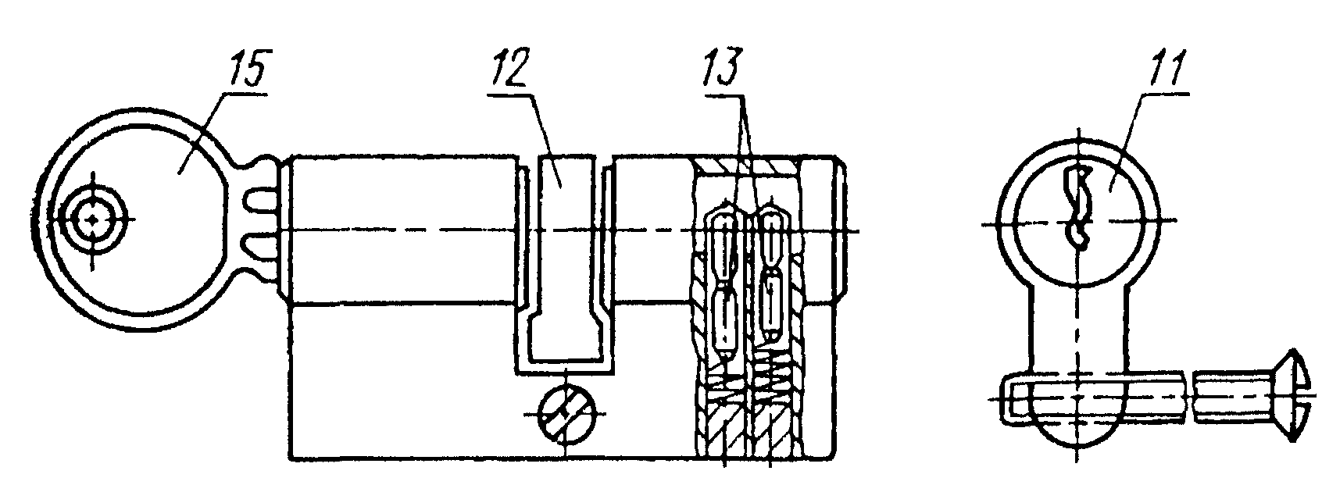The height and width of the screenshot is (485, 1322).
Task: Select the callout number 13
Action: tap(721, 68)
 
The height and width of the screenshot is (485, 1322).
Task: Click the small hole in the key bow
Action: tap(92, 219)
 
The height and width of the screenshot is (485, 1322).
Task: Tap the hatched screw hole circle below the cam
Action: tap(566, 414)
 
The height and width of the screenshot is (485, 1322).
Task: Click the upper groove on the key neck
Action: tap(259, 200)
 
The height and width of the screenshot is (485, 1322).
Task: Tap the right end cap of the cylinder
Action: tap(841, 230)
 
